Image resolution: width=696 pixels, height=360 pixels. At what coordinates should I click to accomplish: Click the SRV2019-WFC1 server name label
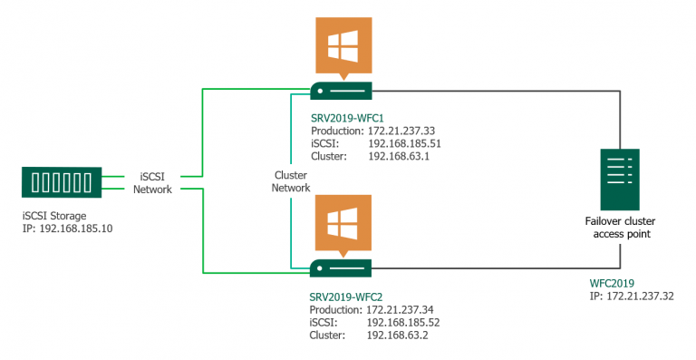click(x=348, y=118)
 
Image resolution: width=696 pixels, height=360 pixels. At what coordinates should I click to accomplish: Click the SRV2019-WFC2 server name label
click(x=348, y=297)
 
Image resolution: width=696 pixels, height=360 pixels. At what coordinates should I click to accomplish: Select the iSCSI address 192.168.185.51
click(x=404, y=143)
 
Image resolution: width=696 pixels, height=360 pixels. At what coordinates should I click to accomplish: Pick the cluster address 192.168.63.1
click(x=398, y=156)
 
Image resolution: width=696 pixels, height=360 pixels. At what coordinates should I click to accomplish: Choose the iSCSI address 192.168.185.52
click(x=404, y=322)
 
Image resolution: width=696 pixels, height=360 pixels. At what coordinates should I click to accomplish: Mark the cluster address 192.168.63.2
click(x=398, y=335)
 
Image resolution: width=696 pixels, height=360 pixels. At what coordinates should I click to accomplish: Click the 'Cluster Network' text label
click(x=292, y=180)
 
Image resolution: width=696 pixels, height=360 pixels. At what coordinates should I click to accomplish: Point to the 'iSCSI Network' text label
click(x=151, y=182)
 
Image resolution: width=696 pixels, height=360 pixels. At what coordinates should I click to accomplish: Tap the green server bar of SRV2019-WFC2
click(x=343, y=269)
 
